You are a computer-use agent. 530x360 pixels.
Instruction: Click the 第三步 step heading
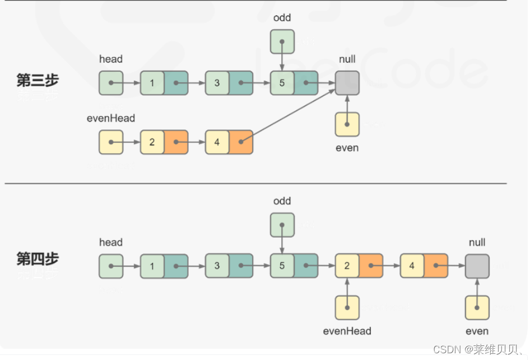pos(38,80)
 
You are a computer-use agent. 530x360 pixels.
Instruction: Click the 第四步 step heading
pos(38,259)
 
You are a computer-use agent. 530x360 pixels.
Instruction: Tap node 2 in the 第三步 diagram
pos(164,142)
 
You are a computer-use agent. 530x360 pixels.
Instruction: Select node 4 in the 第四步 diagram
pos(424,266)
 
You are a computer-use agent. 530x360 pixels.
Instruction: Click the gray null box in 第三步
pos(347,83)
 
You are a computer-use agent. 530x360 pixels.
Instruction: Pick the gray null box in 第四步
pos(477,266)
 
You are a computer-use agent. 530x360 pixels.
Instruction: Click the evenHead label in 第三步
pos(111,118)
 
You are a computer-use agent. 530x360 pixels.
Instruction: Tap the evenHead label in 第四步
pos(347,331)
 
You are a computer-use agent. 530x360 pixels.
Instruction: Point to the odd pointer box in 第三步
pos(282,41)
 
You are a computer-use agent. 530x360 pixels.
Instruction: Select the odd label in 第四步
pos(282,201)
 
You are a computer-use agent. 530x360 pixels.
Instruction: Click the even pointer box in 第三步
pos(347,124)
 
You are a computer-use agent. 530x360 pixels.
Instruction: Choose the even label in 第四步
pos(477,331)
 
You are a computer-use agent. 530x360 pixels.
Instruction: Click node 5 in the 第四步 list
pos(294,266)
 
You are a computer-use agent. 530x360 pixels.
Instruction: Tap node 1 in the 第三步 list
pos(164,83)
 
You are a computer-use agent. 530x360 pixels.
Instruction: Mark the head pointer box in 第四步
pos(111,266)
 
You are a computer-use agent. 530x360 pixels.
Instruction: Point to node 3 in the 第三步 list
pos(229,83)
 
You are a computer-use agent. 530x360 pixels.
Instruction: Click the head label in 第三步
pos(111,59)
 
